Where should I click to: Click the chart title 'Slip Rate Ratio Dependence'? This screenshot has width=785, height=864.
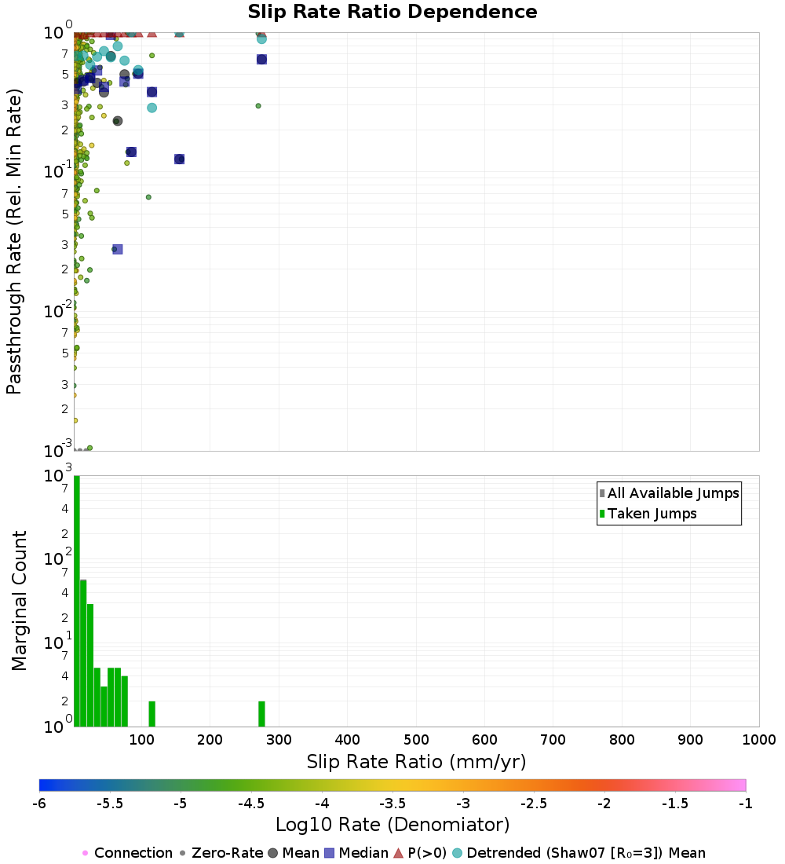pos(392,12)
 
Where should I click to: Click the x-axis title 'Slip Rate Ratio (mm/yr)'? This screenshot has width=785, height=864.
pos(416,761)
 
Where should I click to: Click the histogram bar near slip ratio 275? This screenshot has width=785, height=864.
pos(261,714)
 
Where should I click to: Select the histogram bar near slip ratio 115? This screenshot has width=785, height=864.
pos(152,714)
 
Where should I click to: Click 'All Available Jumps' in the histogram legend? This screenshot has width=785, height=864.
pos(673,493)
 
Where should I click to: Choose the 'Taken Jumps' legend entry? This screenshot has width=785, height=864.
pos(652,514)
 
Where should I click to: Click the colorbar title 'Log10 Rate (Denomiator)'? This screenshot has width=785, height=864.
pos(392,825)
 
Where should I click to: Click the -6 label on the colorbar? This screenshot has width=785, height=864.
pos(39,803)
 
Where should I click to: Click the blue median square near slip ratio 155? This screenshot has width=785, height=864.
pos(179,159)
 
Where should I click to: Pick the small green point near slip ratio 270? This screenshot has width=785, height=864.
pos(258,105)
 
